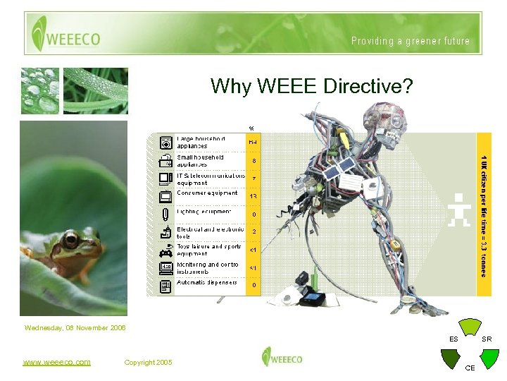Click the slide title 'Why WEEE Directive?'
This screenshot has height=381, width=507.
pyautogui.click(x=311, y=87)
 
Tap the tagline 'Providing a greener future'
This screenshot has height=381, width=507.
pyautogui.click(x=411, y=41)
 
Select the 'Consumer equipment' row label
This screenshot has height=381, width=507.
pyautogui.click(x=207, y=193)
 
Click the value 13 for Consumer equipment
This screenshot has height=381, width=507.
pyautogui.click(x=253, y=196)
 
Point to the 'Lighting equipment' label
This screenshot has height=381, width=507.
pyautogui.click(x=204, y=212)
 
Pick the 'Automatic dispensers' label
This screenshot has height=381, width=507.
pyautogui.click(x=207, y=282)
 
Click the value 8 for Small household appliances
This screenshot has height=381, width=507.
pyautogui.click(x=253, y=160)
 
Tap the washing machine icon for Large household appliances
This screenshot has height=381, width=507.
pyautogui.click(x=165, y=141)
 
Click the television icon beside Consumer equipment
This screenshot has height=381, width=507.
pyautogui.click(x=165, y=196)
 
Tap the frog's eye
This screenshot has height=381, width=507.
pyautogui.click(x=71, y=242)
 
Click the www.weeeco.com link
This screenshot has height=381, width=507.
pyautogui.click(x=56, y=363)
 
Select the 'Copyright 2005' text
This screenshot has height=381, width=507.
pyautogui.click(x=147, y=363)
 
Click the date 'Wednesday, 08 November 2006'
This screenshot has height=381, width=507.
pyautogui.click(x=75, y=328)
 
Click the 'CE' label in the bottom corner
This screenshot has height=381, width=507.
pyautogui.click(x=470, y=368)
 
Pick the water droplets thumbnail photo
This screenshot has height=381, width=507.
pyautogui.click(x=39, y=90)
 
